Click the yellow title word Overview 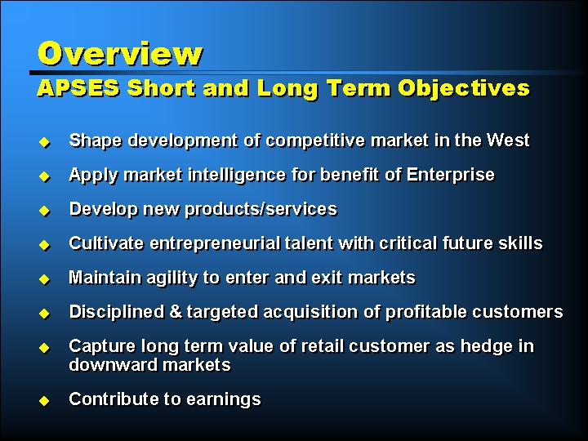[x=120, y=54]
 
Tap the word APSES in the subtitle [x=78, y=88]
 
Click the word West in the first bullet [x=508, y=140]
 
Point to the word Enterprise [x=450, y=175]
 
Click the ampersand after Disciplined [x=176, y=312]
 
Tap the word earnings [x=224, y=399]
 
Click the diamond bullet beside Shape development [x=44, y=142]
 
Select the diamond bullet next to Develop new [x=44, y=212]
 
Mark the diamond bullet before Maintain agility [x=44, y=280]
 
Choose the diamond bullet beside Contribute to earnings [x=44, y=401]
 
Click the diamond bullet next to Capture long [x=44, y=349]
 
